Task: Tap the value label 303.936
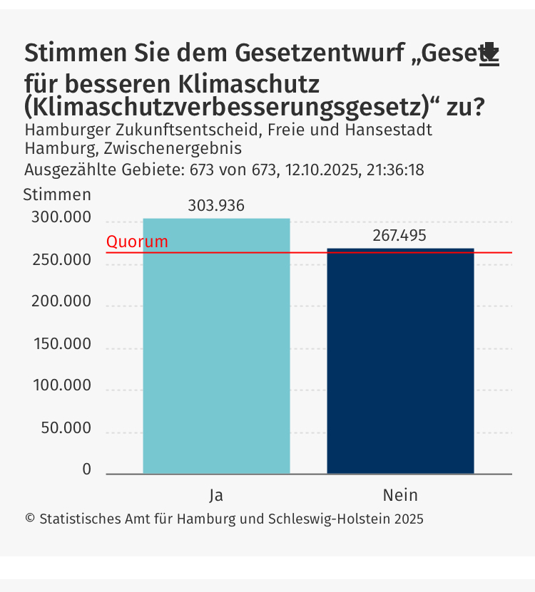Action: click(x=216, y=206)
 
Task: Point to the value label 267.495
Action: click(x=399, y=236)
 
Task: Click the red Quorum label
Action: click(x=137, y=242)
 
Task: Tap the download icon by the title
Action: click(x=489, y=55)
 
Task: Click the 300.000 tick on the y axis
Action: click(x=61, y=218)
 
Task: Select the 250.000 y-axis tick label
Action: click(x=61, y=260)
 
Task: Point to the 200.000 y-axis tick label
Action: click(x=61, y=302)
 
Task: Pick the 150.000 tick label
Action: click(x=61, y=344)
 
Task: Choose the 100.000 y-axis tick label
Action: click(x=61, y=386)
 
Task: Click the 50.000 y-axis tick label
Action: click(x=65, y=428)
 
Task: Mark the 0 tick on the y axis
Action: click(x=86, y=469)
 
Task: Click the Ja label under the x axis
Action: click(x=216, y=494)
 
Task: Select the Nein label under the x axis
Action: click(x=400, y=494)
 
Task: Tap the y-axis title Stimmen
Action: click(x=57, y=194)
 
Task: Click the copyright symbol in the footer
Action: click(x=30, y=519)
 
